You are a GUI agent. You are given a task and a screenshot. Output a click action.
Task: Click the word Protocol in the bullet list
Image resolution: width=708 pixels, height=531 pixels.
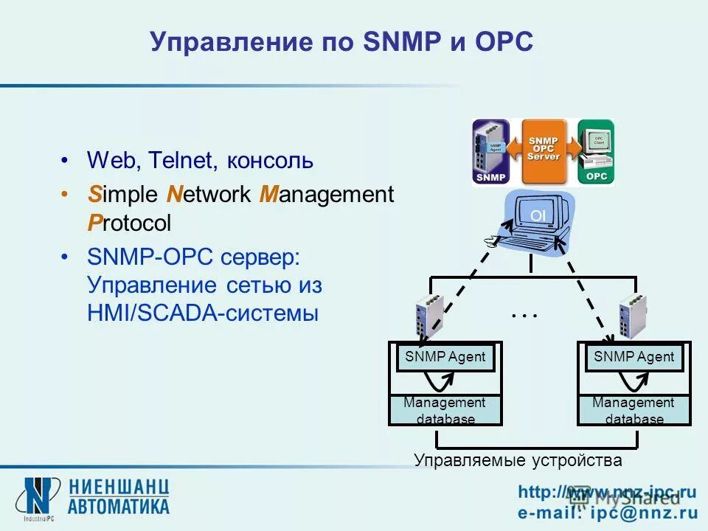pos(129,223)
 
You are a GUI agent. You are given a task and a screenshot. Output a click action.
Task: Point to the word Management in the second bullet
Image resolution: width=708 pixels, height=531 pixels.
pos(327,195)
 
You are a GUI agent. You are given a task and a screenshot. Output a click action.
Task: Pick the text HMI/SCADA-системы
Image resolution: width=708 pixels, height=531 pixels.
pos(203,313)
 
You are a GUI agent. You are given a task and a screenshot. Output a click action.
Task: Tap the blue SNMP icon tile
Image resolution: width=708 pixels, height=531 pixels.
pos(490,151)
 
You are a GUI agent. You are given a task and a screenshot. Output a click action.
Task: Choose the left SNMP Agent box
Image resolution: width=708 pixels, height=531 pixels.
pos(445,357)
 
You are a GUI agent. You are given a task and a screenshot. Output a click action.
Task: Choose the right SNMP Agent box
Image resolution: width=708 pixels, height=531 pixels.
pos(634,357)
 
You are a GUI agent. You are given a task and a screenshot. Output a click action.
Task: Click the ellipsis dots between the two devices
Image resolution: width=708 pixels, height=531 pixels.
pos(524,316)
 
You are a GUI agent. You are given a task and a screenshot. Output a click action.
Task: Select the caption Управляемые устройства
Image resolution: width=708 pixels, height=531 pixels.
pos(518,461)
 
